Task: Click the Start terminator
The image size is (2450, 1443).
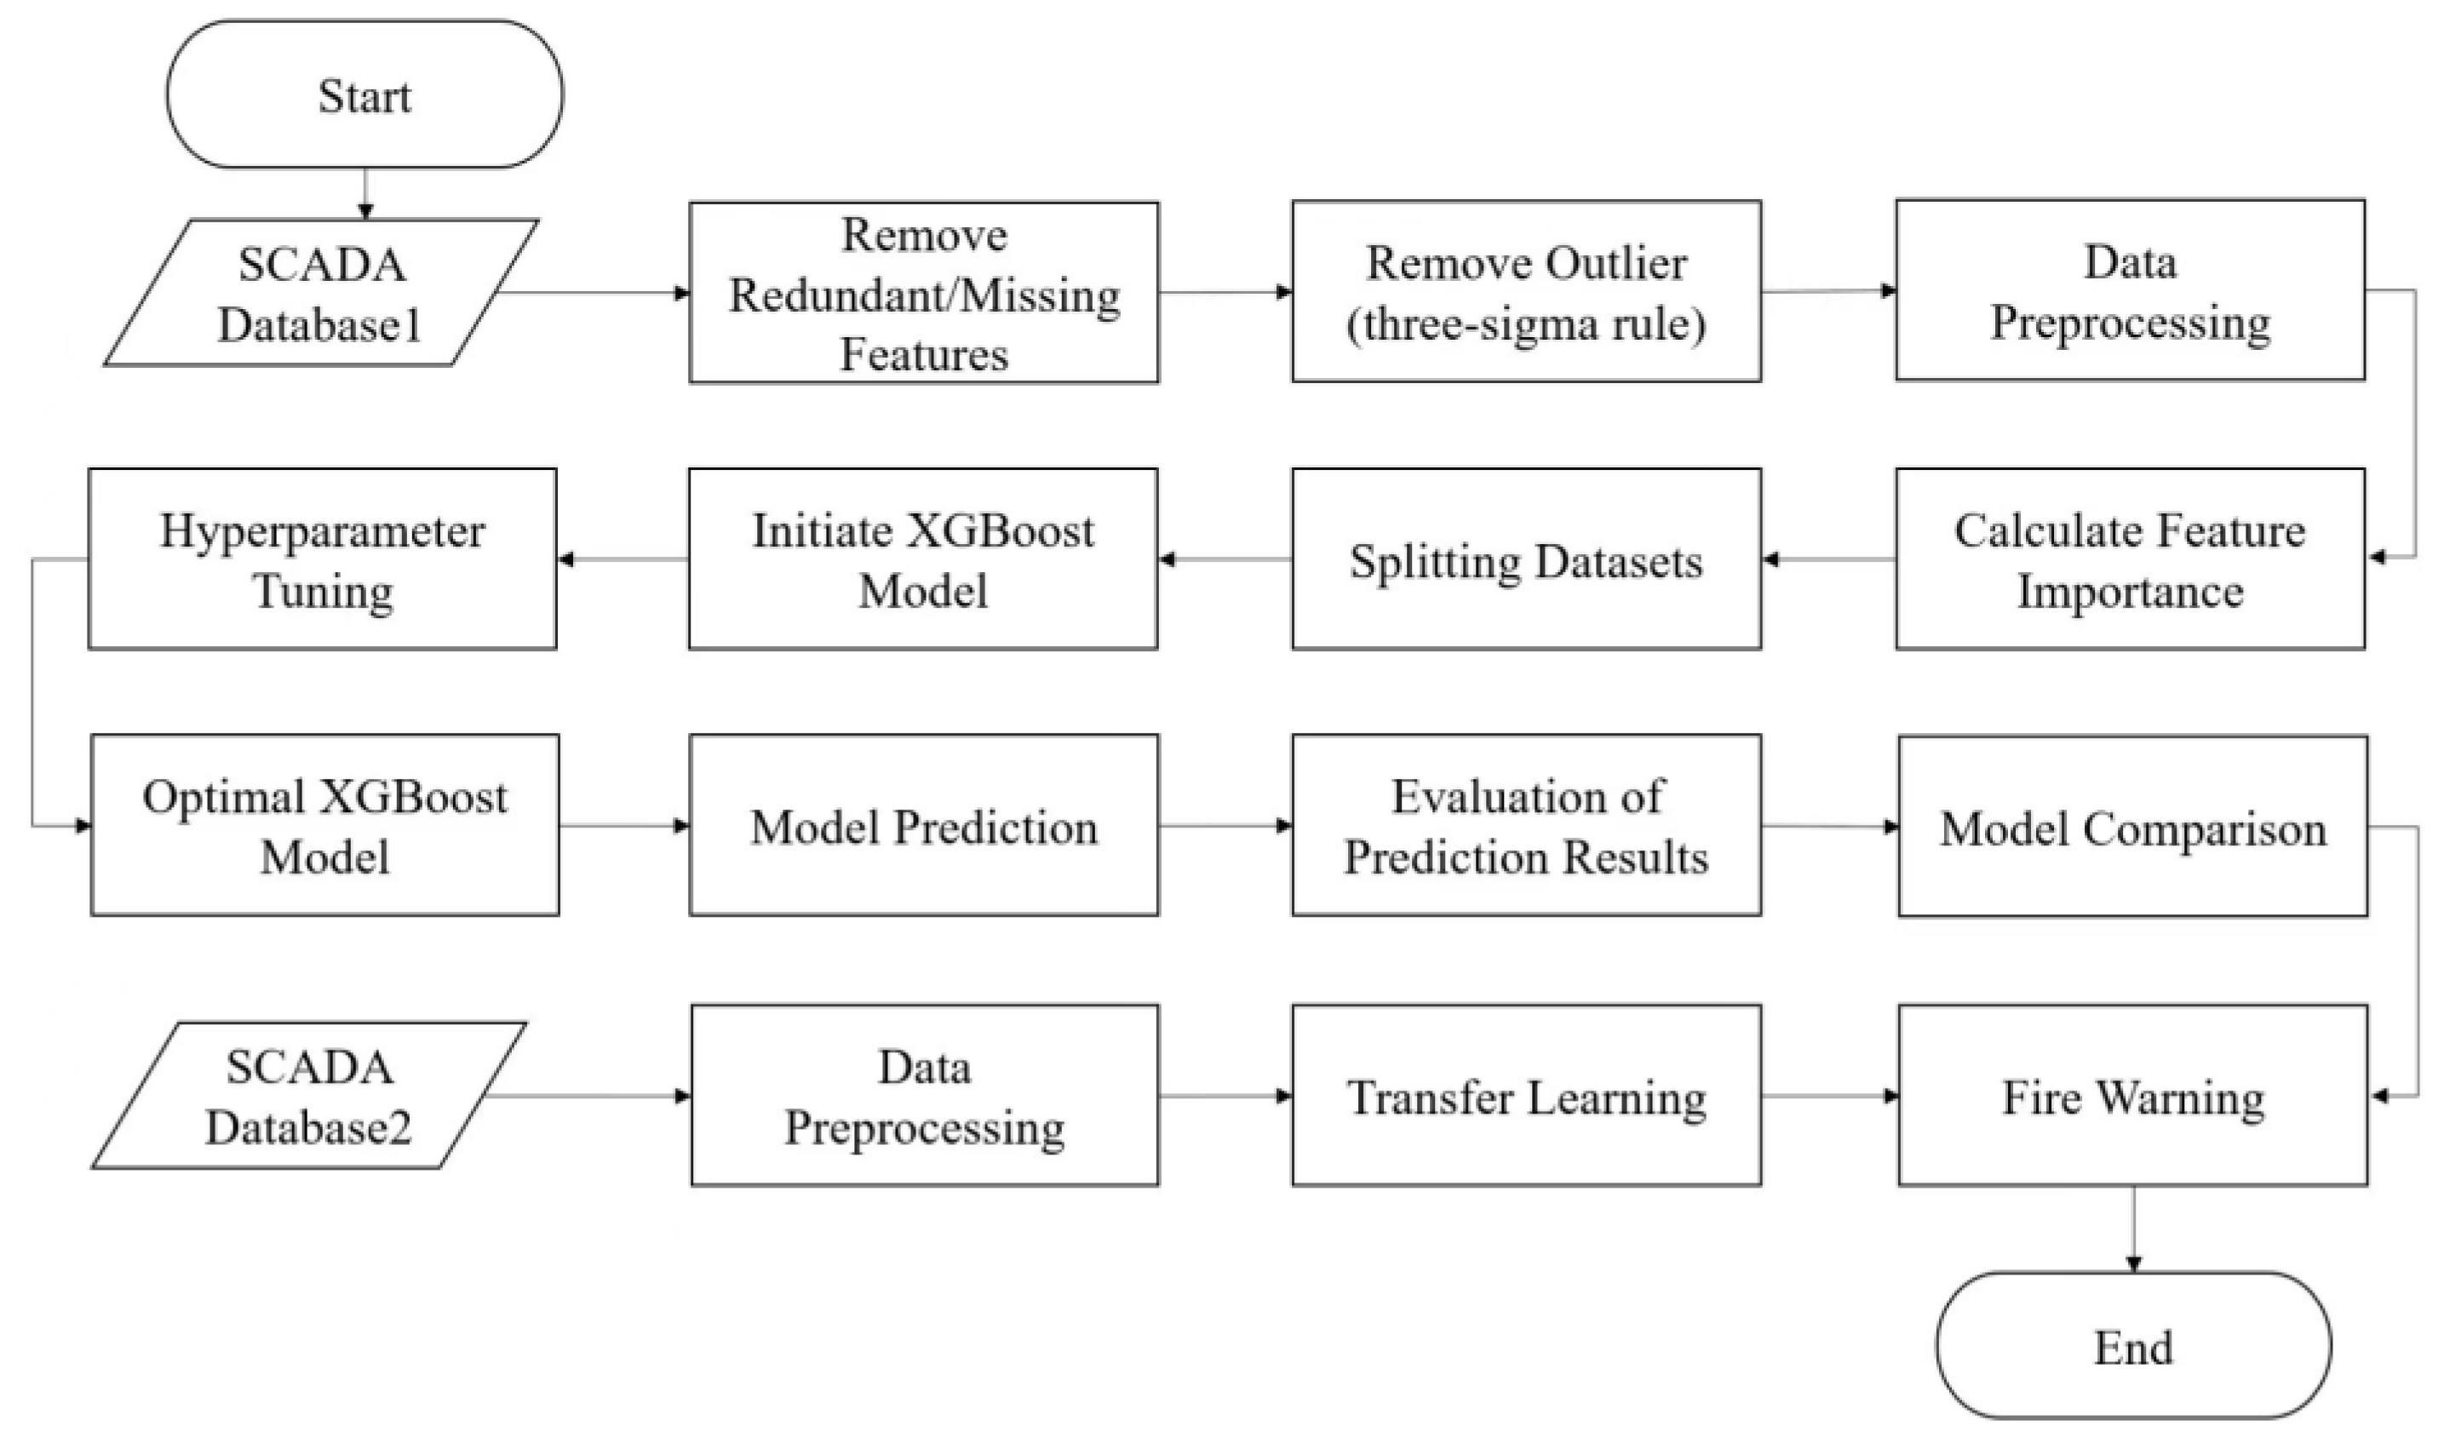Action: [364, 95]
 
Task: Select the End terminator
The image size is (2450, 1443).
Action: [2132, 1347]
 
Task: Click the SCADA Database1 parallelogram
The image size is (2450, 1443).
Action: [321, 293]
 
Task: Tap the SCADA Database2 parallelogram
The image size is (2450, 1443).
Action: [309, 1096]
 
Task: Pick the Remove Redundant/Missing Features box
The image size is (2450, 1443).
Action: [923, 293]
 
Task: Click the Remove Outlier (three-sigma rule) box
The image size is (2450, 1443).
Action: [1525, 292]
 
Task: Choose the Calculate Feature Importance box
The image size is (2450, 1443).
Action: [2129, 559]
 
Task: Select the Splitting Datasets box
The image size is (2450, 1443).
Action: [1525, 559]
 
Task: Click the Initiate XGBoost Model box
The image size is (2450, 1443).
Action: [922, 559]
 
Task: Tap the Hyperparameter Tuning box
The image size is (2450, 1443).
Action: [322, 559]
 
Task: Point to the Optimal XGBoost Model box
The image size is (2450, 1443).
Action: [324, 825]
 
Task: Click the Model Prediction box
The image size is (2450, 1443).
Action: [923, 825]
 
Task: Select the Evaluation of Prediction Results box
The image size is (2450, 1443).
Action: [1525, 825]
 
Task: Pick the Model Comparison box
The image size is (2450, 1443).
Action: [2132, 827]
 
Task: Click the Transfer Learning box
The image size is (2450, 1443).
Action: [1525, 1096]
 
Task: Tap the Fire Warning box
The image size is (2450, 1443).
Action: [2132, 1096]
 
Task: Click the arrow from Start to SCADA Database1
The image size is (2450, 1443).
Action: [364, 192]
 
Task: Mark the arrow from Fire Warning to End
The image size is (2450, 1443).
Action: [2133, 1228]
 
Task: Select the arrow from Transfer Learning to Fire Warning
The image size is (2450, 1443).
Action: [1828, 1096]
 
